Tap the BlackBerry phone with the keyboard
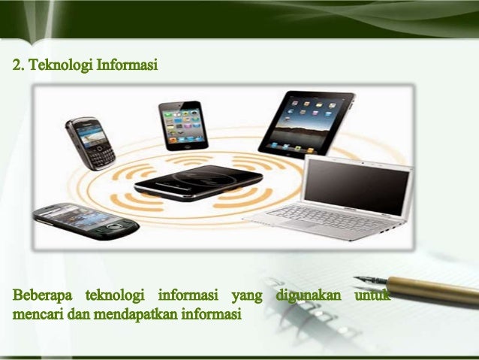91,143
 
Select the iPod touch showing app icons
181,125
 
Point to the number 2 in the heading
15,66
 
